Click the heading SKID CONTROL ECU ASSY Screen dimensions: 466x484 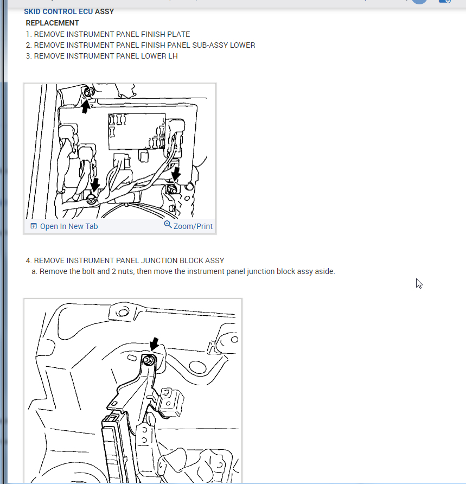[69, 11]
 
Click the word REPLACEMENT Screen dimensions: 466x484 [53, 23]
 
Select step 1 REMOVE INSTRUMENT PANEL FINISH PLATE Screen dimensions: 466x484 [108, 34]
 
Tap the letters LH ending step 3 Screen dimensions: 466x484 [173, 56]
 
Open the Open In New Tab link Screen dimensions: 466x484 [69, 226]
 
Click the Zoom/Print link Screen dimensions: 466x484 [193, 226]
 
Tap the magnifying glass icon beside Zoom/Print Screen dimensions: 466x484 [168, 225]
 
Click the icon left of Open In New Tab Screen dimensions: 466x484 [33, 226]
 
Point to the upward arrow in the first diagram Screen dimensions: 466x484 [86, 106]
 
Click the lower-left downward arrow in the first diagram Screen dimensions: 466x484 [95, 184]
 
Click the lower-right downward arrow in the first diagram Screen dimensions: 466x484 [176, 174]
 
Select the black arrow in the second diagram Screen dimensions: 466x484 [154, 343]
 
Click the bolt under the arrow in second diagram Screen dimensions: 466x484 [149, 360]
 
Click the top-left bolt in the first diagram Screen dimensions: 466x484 [88, 92]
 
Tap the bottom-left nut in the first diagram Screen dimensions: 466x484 [91, 199]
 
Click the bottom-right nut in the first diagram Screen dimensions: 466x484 [172, 189]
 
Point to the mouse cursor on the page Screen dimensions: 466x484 [419, 283]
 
